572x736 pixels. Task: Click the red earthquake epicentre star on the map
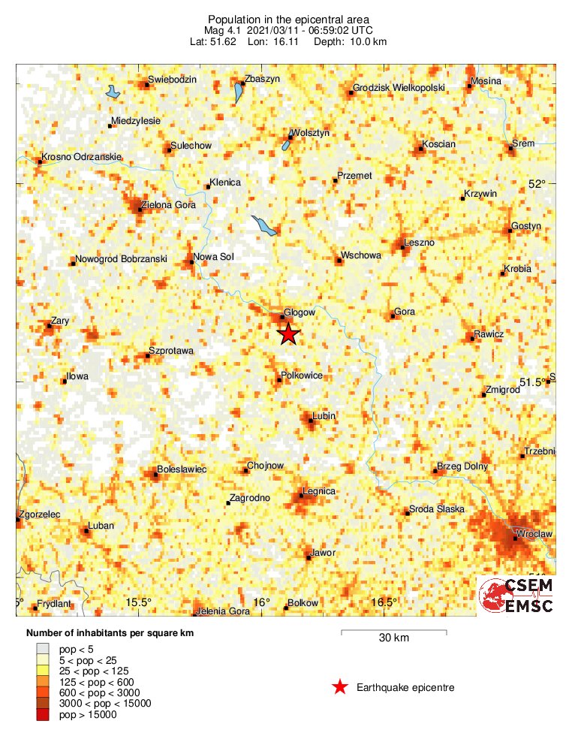pos(288,334)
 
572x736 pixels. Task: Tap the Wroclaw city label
pos(534,534)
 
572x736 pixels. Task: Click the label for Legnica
pos(318,492)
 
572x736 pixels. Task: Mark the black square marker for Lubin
pos(311,421)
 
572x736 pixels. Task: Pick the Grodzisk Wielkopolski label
pos(398,88)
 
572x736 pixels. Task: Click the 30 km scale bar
pos(394,632)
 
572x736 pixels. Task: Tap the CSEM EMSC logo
pos(516,596)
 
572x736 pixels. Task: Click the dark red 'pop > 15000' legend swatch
pos(43,716)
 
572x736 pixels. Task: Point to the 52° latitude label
pos(537,184)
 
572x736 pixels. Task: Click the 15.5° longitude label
pos(139,602)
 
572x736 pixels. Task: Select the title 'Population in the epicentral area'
pos(289,19)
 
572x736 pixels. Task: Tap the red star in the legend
pos(340,686)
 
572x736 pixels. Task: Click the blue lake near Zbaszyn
pos(239,93)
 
